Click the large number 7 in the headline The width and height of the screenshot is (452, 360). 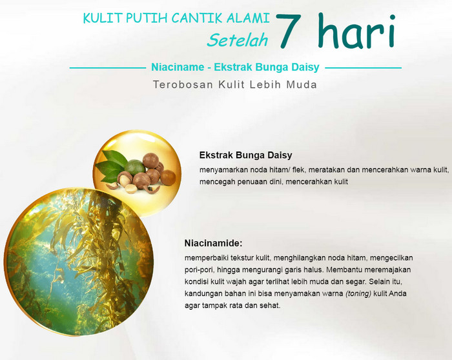click(289, 30)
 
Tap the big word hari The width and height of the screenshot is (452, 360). click(356, 30)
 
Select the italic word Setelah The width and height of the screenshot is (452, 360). click(237, 40)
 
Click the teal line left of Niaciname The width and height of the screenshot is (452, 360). click(108, 68)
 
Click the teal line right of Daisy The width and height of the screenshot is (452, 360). click(363, 68)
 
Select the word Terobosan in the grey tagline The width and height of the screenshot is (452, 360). click(183, 85)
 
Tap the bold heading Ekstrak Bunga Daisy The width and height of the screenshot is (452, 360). click(245, 155)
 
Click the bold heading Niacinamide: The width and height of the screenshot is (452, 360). click(213, 243)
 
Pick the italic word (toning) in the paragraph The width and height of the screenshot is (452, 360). click(358, 294)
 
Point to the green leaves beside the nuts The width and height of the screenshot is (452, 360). click(111, 166)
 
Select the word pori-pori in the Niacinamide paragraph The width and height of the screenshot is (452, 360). click(199, 270)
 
